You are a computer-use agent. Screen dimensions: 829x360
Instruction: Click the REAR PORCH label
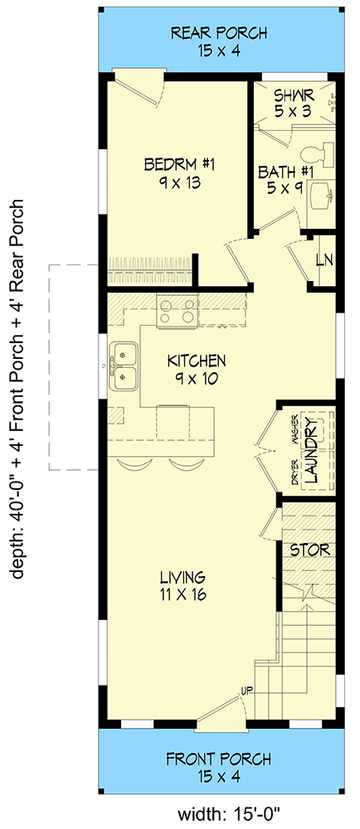(219, 33)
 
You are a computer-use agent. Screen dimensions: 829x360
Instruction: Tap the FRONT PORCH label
(219, 759)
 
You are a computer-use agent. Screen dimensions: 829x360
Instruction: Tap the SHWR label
(294, 93)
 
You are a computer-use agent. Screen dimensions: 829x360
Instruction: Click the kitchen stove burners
(178, 312)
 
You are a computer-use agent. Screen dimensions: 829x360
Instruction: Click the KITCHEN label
(197, 361)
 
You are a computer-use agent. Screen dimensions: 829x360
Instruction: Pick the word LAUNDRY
(311, 450)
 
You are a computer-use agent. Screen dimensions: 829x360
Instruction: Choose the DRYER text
(294, 474)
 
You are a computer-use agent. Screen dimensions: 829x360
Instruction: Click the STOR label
(309, 550)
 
